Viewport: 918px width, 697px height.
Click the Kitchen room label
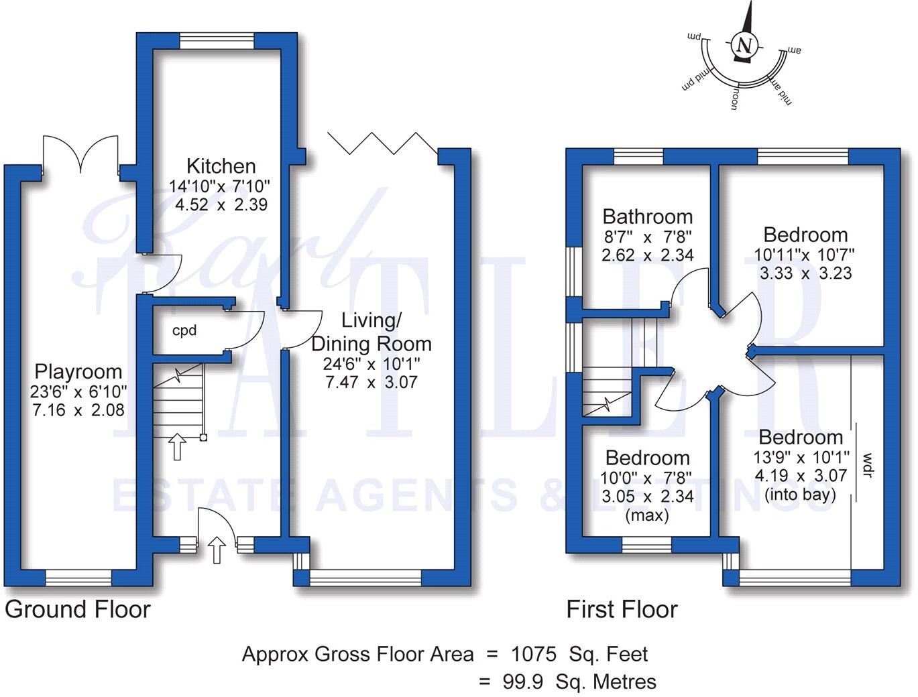(221, 166)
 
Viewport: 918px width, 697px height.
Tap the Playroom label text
(78, 371)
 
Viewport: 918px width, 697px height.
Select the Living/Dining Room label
(371, 332)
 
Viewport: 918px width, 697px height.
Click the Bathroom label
(647, 216)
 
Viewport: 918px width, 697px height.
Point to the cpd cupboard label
(184, 330)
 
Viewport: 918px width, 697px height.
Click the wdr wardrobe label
(867, 465)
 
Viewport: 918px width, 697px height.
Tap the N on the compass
(743, 46)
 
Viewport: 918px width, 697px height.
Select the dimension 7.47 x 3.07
(371, 382)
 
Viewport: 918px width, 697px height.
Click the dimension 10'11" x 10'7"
(805, 255)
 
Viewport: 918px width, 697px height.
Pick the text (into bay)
(800, 495)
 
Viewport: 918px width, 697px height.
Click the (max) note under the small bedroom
(647, 515)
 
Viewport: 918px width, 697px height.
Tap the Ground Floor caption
(78, 609)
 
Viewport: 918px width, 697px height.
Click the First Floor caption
(622, 609)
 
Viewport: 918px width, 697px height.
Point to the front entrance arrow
(217, 549)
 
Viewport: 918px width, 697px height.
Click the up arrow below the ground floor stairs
(177, 446)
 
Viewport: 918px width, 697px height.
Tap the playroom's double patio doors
(80, 154)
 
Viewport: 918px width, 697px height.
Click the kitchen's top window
(217, 40)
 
